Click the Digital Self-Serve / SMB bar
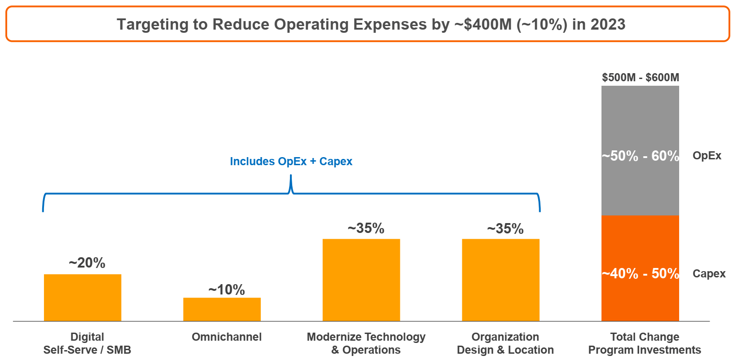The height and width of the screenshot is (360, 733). (83, 297)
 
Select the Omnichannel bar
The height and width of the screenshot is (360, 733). (222, 309)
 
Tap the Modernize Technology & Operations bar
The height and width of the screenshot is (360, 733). (361, 280)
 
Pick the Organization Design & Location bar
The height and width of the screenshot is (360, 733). (500, 280)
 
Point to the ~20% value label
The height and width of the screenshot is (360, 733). (87, 263)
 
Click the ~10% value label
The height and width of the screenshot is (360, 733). (227, 290)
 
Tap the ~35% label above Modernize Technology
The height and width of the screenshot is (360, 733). (366, 228)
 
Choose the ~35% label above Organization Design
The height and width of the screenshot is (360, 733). (505, 228)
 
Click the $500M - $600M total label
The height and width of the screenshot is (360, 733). (641, 78)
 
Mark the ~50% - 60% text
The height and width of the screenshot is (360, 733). (641, 156)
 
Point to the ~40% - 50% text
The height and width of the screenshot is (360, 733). (641, 273)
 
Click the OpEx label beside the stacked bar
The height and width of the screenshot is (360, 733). (707, 156)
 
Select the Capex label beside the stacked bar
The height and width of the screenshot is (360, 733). (709, 273)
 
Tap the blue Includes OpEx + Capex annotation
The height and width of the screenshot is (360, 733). (291, 161)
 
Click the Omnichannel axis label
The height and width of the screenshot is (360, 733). (227, 337)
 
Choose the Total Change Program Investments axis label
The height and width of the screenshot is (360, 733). (645, 343)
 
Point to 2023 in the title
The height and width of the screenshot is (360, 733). (608, 24)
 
